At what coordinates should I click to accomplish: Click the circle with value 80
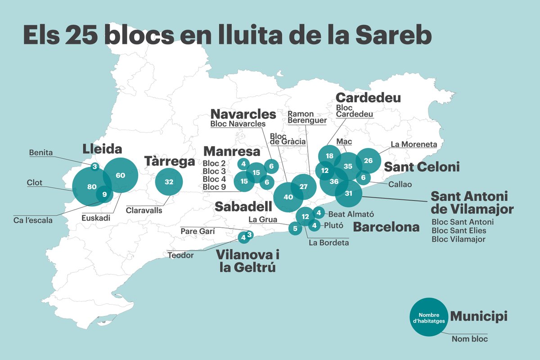click(x=92, y=186)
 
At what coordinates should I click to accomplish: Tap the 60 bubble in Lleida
click(x=120, y=175)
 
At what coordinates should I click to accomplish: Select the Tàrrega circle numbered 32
click(x=169, y=182)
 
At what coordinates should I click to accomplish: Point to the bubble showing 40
click(x=288, y=197)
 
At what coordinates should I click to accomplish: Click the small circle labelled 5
click(x=295, y=229)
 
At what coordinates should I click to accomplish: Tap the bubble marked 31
click(x=348, y=193)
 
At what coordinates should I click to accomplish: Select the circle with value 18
click(x=329, y=156)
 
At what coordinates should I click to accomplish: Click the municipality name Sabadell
click(x=243, y=207)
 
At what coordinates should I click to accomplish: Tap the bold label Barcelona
click(x=386, y=227)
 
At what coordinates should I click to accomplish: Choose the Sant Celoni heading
click(x=421, y=167)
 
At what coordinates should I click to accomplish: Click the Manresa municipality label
click(x=231, y=151)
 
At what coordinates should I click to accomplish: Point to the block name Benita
click(x=40, y=153)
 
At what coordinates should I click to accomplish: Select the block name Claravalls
click(x=144, y=210)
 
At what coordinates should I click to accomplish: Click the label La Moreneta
click(x=414, y=144)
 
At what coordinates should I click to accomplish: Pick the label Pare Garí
click(x=198, y=231)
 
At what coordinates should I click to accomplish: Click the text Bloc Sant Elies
click(x=459, y=230)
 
